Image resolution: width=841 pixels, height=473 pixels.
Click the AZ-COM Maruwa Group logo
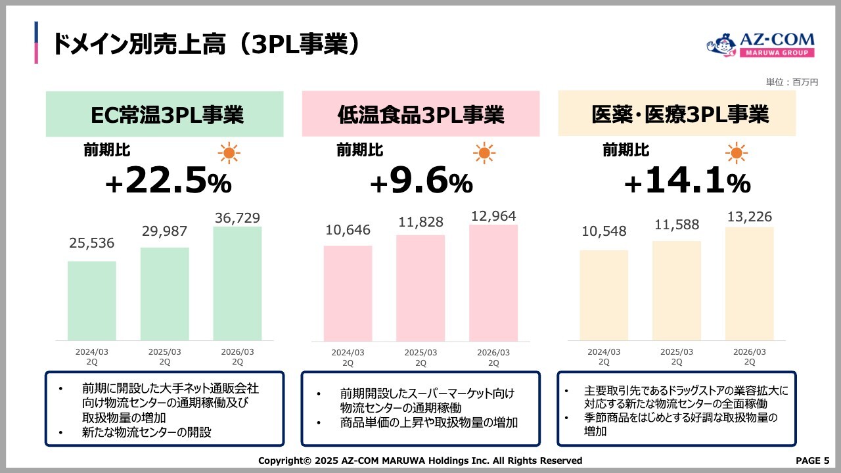click(760, 45)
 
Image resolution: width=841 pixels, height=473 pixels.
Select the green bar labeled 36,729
click(237, 283)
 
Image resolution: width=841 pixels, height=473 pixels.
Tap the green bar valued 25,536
click(92, 300)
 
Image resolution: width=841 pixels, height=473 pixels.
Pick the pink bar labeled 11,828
click(420, 288)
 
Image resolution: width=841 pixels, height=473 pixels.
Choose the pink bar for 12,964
click(493, 282)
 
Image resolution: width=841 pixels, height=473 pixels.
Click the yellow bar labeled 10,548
click(604, 295)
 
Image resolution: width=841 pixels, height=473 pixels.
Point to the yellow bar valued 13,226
click(749, 283)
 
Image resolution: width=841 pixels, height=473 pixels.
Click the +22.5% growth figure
click(168, 181)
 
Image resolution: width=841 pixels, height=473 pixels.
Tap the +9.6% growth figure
click(421, 181)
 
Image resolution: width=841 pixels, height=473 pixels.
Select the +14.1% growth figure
click(687, 181)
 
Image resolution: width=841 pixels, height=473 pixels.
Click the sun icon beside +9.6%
click(484, 154)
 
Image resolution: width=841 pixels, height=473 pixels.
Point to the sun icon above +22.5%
click(229, 154)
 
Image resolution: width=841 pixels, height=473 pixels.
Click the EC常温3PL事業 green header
click(164, 114)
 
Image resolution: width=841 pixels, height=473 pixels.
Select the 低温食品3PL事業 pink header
click(420, 114)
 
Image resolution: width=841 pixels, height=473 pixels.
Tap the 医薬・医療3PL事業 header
click(677, 114)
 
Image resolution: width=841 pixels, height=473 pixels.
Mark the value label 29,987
click(164, 231)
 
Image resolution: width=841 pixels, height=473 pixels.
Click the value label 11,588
click(677, 225)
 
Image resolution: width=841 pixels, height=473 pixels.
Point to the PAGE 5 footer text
click(812, 461)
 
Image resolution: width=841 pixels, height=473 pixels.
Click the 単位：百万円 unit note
click(792, 82)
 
